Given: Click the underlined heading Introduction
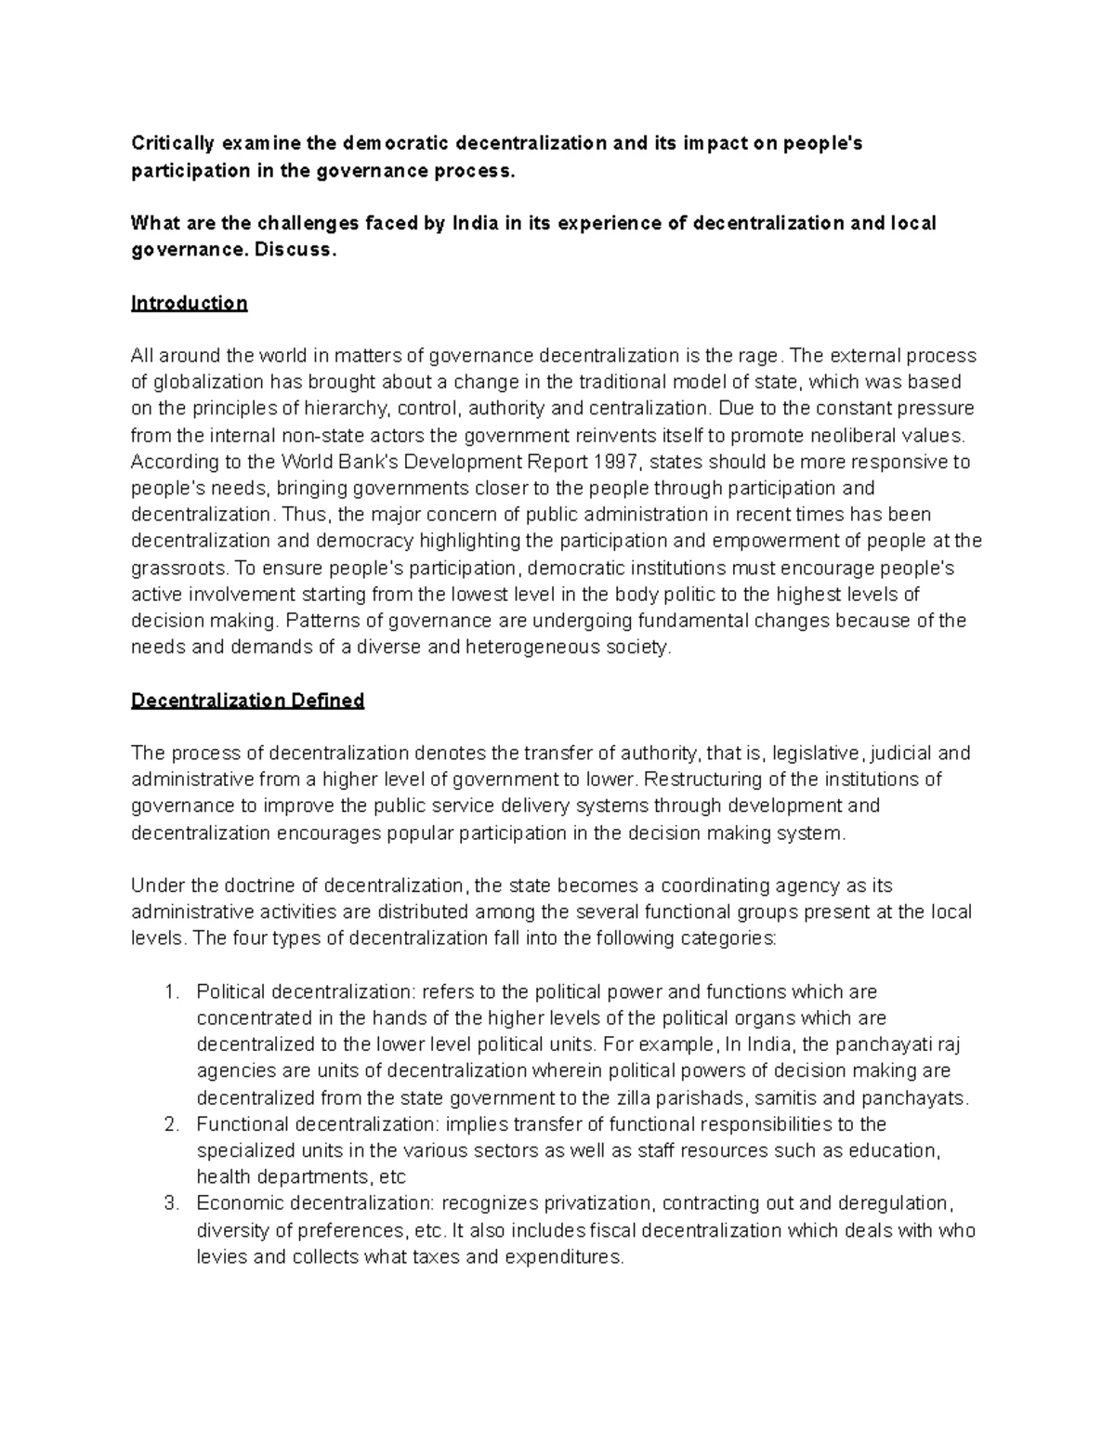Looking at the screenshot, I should click(x=189, y=303).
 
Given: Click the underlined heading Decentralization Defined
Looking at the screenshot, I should click(x=247, y=701).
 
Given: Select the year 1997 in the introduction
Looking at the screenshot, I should click(x=613, y=462).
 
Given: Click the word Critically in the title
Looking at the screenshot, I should click(x=171, y=143).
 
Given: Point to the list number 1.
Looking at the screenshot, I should click(x=170, y=992).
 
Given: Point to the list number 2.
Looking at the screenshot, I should click(x=170, y=1124).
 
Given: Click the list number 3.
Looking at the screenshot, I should click(x=170, y=1204).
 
